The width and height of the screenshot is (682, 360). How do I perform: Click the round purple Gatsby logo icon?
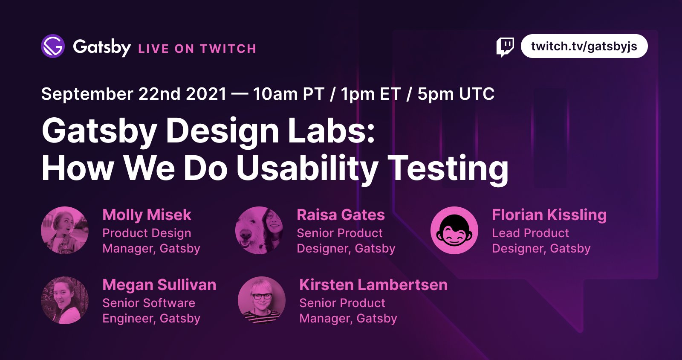tap(53, 46)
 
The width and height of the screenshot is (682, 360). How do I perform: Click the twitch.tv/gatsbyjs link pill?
tap(584, 46)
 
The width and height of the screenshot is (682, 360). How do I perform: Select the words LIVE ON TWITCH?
tap(197, 49)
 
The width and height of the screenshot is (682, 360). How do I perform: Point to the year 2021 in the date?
tap(206, 94)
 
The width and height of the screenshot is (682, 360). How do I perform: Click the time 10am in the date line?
tap(275, 94)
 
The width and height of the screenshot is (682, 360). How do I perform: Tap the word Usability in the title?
tap(307, 169)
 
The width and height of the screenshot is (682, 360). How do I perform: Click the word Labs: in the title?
tap(331, 131)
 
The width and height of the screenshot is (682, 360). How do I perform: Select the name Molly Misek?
tap(147, 215)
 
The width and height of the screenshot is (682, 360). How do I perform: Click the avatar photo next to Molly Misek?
tap(65, 230)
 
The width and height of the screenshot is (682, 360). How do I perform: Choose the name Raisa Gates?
tap(341, 215)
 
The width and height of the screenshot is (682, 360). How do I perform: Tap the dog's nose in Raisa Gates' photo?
tap(246, 235)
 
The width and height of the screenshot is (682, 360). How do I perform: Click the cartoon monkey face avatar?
tap(454, 230)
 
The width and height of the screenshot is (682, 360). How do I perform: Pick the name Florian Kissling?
tap(549, 215)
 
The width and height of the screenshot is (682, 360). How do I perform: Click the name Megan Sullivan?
tap(159, 285)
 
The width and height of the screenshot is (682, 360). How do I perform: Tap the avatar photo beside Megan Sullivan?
tap(65, 300)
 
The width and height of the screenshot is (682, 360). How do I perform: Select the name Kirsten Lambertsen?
tap(373, 285)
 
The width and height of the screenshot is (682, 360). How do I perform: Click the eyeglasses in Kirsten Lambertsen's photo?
tap(262, 296)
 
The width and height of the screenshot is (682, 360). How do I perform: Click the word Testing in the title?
tap(450, 169)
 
